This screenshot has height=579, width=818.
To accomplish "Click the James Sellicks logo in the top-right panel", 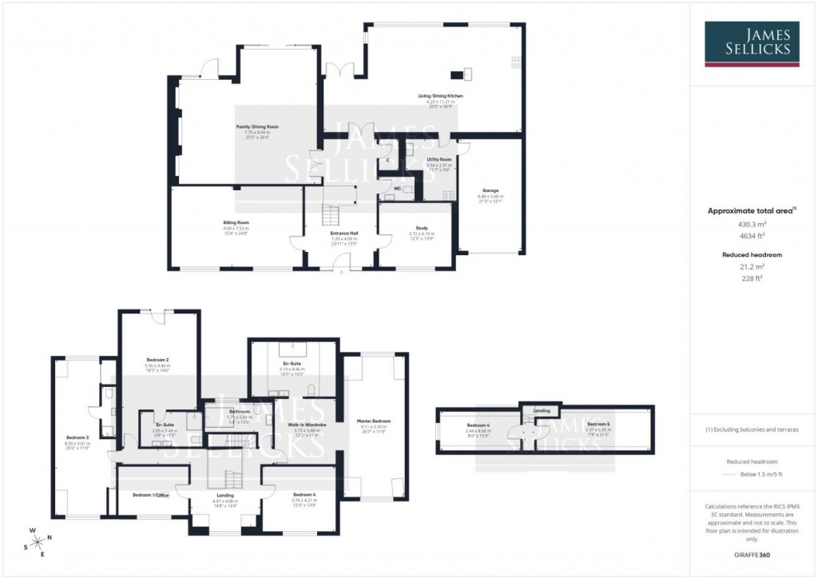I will [752, 43].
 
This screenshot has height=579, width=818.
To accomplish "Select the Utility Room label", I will [439, 160].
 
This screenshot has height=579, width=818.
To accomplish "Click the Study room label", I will [423, 228].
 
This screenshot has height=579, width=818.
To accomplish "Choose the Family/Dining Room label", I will [256, 127].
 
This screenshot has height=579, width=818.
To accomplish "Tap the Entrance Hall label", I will [344, 234].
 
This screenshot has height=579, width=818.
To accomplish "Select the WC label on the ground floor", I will [397, 188].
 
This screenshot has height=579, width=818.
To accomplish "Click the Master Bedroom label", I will [374, 421].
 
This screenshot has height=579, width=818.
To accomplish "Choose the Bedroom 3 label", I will [77, 437].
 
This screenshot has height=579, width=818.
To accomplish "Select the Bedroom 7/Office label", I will [150, 495].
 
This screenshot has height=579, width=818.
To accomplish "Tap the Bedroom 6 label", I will [477, 425].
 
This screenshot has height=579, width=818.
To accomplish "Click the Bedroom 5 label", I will [598, 424].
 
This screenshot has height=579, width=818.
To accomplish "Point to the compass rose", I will [37, 541].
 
